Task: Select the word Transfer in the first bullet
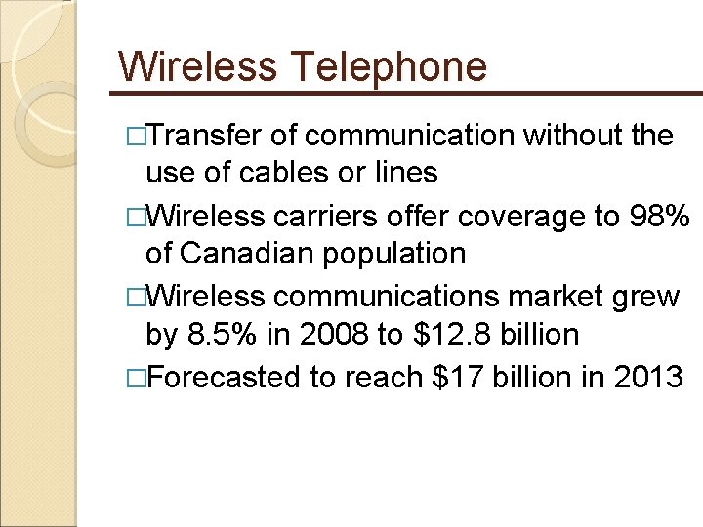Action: pyautogui.click(x=209, y=135)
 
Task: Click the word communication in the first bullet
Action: pyautogui.click(x=409, y=135)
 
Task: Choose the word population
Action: pyautogui.click(x=400, y=254)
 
